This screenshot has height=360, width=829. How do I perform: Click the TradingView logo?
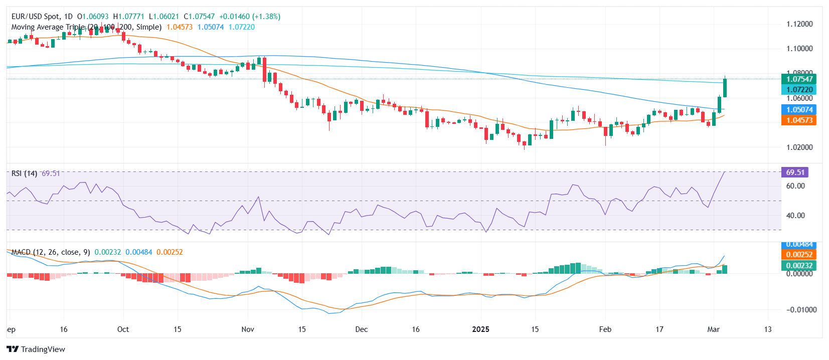36,349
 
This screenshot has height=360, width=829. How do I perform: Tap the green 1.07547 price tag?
799,79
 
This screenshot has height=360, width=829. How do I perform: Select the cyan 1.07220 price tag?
799,90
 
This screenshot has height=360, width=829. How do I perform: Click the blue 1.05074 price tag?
799,110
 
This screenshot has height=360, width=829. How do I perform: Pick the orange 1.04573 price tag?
799,120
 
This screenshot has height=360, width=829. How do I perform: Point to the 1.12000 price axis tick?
799,24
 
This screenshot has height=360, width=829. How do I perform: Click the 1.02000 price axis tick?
799,147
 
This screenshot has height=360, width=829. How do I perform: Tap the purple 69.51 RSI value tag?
795,172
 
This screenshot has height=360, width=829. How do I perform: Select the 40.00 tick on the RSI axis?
795,216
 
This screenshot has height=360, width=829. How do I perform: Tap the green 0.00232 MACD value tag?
799,266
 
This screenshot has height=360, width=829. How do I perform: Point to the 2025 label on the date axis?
480,329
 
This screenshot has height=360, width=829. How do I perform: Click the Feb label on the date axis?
605,329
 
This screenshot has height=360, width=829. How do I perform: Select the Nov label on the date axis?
248,329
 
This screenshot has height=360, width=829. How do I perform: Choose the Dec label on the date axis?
361,329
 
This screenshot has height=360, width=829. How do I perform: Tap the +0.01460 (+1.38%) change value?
250,17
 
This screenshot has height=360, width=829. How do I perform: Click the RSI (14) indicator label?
24,173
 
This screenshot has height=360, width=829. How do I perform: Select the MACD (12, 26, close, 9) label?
51,252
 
